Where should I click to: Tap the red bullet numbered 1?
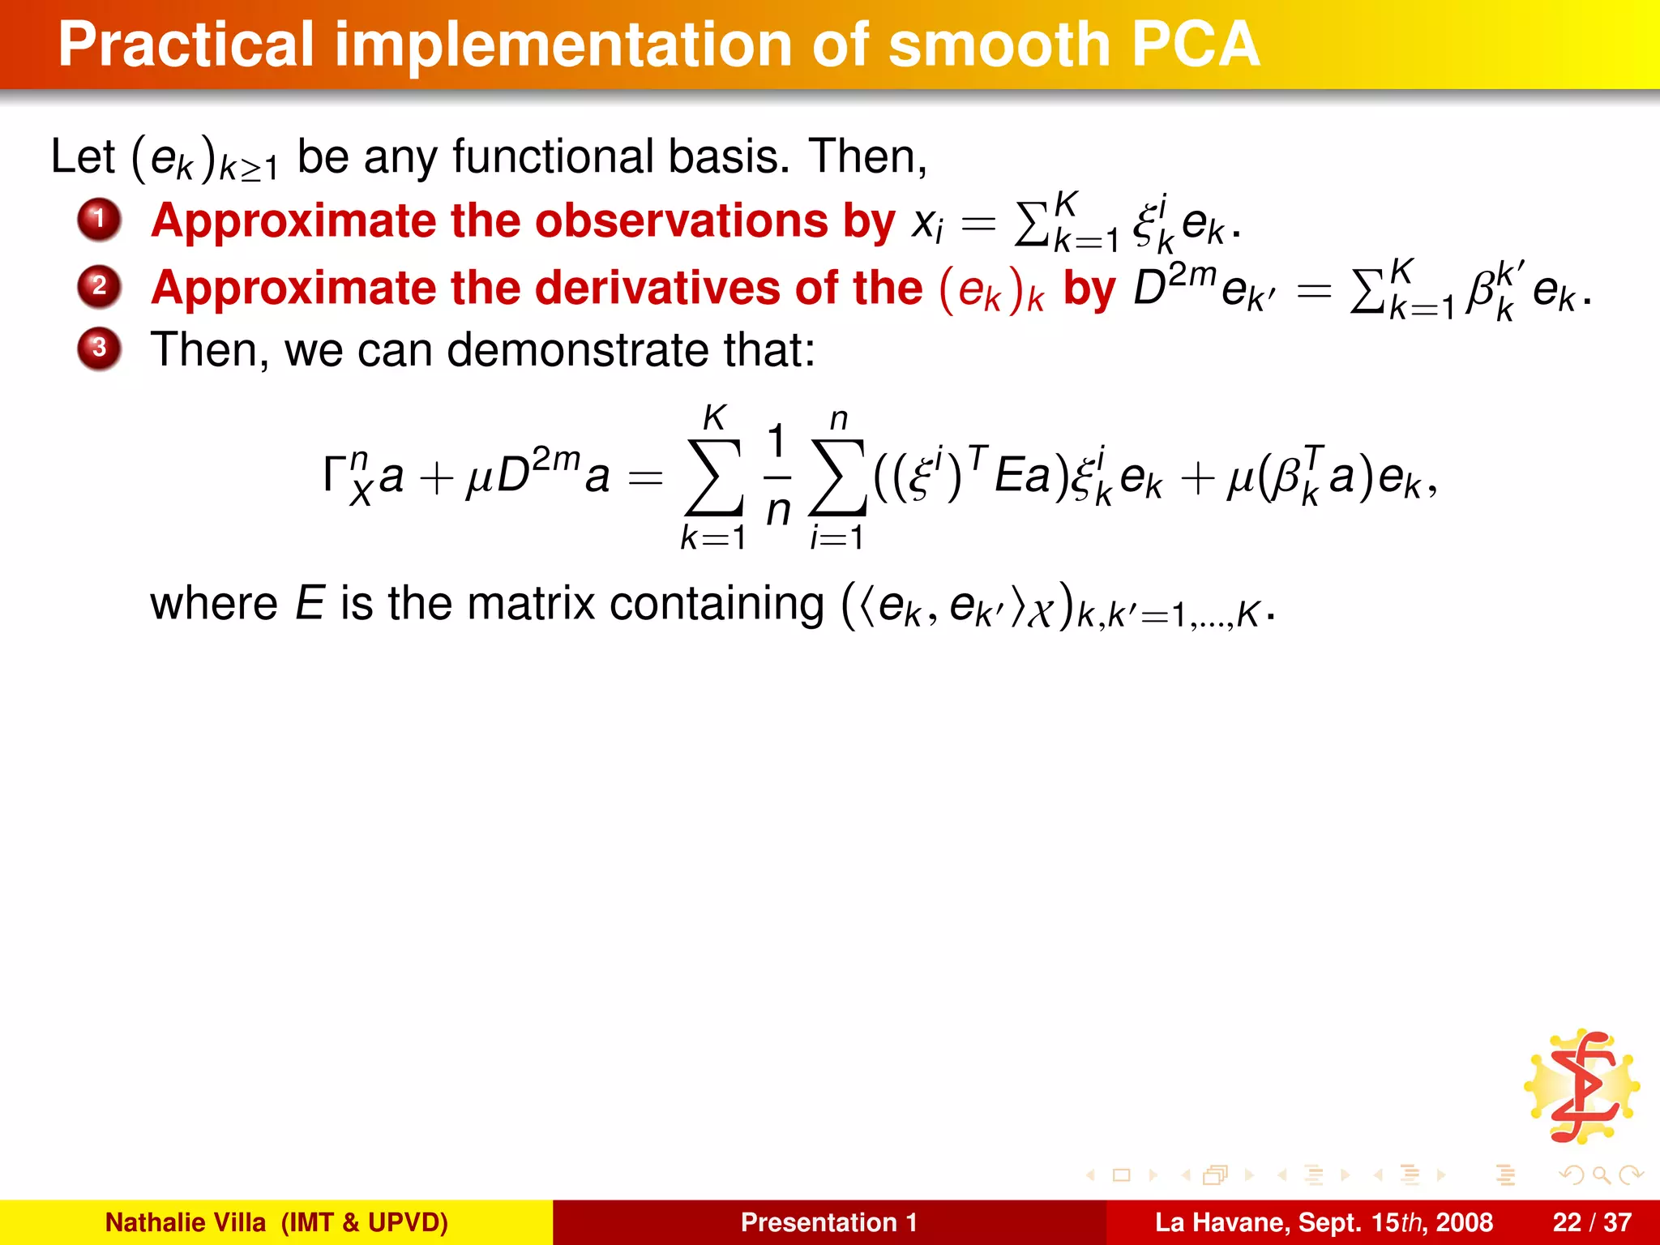tap(99, 219)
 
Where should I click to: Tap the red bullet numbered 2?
tap(99, 286)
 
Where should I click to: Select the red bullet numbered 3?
tap(99, 349)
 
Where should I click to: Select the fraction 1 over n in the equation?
tap(777, 476)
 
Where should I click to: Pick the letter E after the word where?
tap(310, 604)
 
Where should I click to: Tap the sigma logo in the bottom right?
tap(1581, 1087)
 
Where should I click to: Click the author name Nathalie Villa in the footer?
tap(186, 1222)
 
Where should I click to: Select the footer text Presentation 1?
tap(828, 1222)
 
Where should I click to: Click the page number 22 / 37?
tap(1591, 1222)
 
